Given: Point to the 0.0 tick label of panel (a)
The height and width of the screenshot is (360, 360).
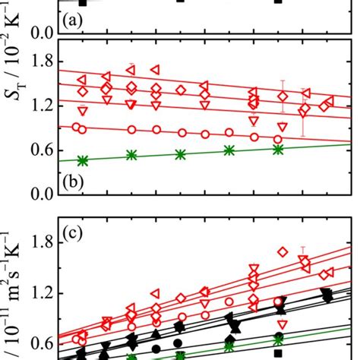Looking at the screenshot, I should click(x=41, y=33).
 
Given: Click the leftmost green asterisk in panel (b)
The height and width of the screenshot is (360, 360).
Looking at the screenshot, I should click(x=83, y=160).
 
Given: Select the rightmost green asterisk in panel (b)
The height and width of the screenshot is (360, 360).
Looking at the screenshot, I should click(x=278, y=149).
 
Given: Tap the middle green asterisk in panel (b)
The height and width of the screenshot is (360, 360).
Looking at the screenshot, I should click(x=180, y=154).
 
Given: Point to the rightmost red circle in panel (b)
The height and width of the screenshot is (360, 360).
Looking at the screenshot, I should click(x=278, y=139).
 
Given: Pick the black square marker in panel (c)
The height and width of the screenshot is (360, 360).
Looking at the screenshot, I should click(x=278, y=354).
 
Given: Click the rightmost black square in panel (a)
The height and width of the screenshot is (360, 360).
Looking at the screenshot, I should click(x=278, y=2).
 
